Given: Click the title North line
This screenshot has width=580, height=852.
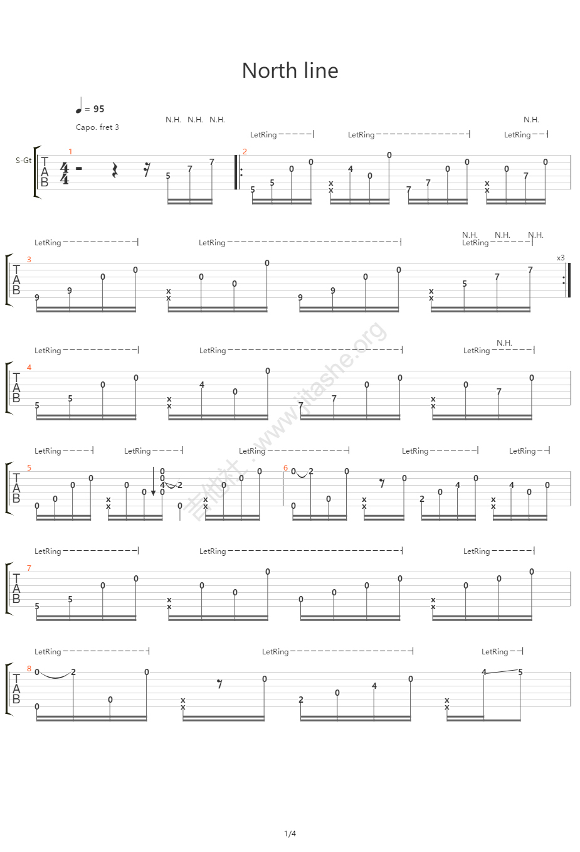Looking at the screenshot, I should pos(290,71).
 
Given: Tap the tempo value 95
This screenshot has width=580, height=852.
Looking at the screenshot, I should pos(98,109).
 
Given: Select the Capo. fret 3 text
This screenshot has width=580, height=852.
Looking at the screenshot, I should pos(97,127).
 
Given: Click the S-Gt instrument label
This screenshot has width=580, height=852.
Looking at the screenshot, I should pos(23,161).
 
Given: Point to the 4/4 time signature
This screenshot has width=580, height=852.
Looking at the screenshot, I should pos(64,173).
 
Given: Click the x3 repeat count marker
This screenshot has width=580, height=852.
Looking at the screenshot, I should pos(560,258).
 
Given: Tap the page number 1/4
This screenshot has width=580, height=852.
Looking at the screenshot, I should pos(290,834).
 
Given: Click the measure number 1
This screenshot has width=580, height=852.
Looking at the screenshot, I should pos(70,152).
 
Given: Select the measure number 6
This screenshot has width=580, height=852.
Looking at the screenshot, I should pos(285,468).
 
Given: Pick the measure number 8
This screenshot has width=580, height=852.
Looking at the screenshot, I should pos(29,669).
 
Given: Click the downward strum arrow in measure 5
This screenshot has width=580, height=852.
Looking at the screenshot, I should pos(153,483).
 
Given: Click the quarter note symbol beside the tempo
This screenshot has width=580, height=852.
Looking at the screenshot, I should pos(79,107).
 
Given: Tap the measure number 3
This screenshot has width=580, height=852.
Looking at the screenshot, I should pos(29,260).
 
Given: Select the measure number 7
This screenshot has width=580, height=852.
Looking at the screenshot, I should pos(29,568).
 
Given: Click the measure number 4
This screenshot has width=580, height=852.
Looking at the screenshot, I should pos(29,368).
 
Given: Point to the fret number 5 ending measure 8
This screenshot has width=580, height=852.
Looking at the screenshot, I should pos(520,672).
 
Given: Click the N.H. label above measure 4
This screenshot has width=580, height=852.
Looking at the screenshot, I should pos(504,343).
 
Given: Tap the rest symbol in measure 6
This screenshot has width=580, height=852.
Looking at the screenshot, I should pos(382,484).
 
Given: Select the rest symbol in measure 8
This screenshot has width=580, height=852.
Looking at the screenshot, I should pos(219,684).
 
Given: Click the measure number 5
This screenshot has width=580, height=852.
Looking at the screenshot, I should pos(29,468).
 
